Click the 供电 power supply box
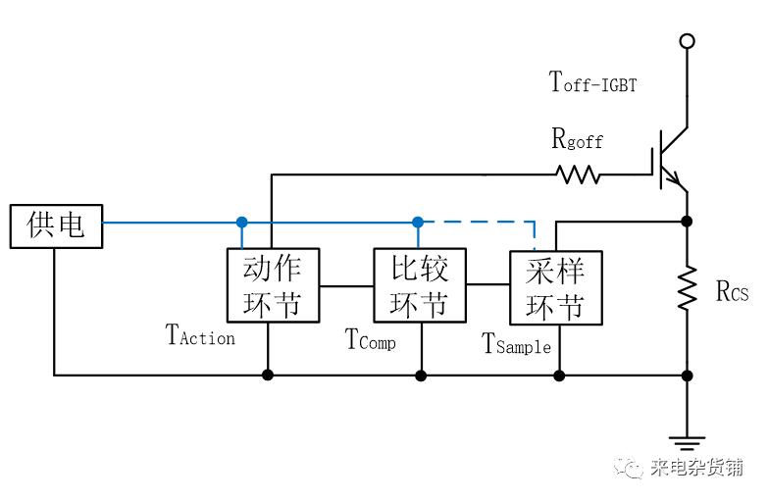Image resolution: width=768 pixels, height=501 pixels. click(x=54, y=225)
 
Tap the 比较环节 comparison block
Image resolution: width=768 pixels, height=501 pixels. click(x=420, y=284)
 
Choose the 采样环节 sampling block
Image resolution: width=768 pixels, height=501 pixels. click(x=555, y=287)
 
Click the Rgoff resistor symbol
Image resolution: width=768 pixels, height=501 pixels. click(x=579, y=175)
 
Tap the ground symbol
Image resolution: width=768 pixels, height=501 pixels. click(x=687, y=442)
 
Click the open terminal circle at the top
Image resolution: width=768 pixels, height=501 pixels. click(x=687, y=41)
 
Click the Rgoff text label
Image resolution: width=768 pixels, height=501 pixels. click(x=577, y=140)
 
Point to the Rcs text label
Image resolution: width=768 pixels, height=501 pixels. click(x=732, y=291)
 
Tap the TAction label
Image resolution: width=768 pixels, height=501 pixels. click(x=201, y=336)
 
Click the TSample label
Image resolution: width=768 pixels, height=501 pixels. click(x=516, y=344)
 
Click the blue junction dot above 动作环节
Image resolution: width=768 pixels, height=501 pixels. click(x=241, y=223)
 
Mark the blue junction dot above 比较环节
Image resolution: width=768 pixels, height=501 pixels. click(x=418, y=223)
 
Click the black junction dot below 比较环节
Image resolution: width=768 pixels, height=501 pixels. click(x=421, y=375)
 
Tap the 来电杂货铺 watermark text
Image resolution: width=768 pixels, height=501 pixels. click(x=695, y=468)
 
